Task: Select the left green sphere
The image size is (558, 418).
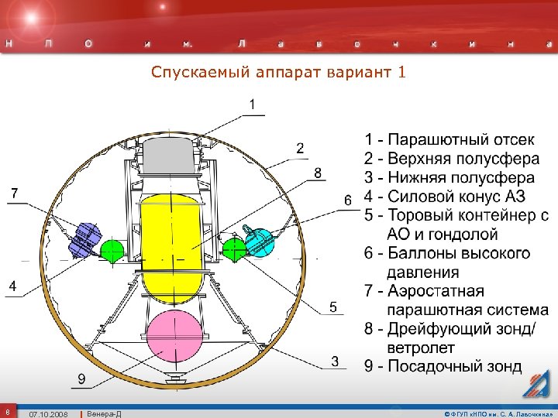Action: pos(113,249)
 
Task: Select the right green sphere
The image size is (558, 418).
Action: pos(233,248)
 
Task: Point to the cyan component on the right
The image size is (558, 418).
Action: pos(260,241)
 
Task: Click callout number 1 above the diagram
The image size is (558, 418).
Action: pos(253,104)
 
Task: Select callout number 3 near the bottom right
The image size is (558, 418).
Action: pos(336,361)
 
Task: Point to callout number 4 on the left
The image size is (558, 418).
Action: pos(12,286)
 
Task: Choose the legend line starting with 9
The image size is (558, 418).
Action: pos(443,366)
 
